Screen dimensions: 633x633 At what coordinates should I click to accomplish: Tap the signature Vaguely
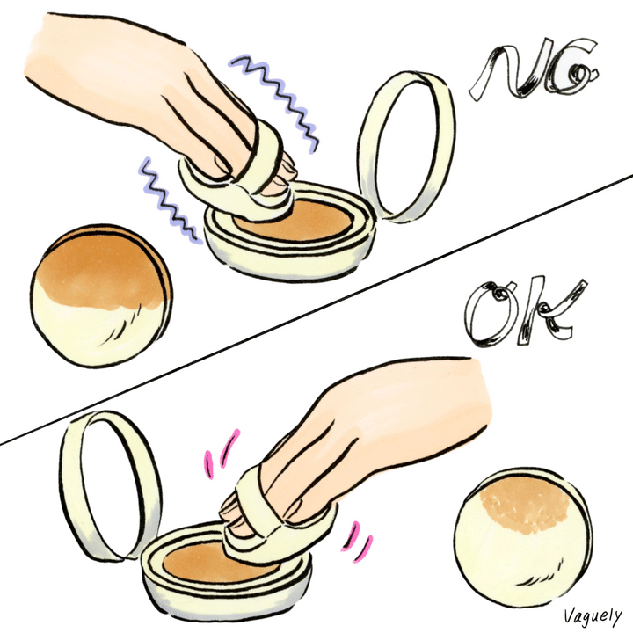[593, 616]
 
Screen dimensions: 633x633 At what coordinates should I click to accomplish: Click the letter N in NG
[509, 69]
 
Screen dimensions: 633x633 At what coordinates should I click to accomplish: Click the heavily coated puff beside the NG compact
[101, 295]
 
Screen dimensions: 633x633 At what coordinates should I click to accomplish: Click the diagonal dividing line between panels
[316, 310]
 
